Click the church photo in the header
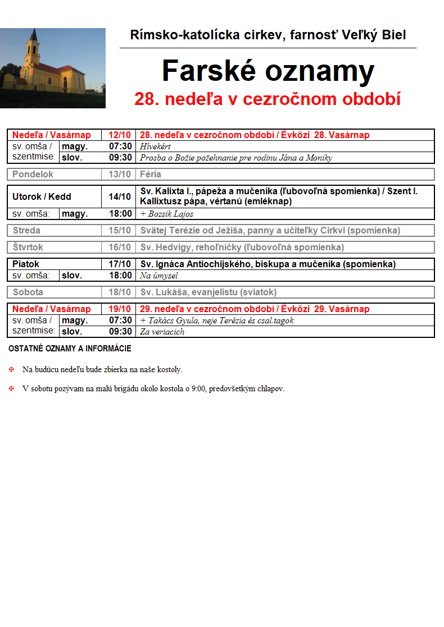(53, 68)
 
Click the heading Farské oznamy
(268, 71)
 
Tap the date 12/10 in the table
(120, 135)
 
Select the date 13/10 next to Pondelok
(120, 175)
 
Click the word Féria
(151, 175)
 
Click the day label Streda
(26, 231)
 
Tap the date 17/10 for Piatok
(120, 264)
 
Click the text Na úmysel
(159, 276)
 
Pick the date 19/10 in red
(120, 309)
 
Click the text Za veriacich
(162, 332)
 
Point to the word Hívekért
(156, 147)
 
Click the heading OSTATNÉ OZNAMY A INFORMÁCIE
(70, 349)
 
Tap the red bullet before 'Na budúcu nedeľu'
(11, 370)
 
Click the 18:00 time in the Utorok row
(120, 214)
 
